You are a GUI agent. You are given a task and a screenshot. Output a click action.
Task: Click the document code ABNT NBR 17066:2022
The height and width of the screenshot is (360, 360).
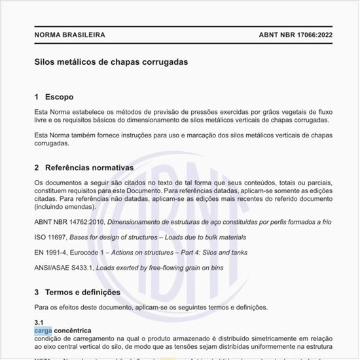tap(287, 35)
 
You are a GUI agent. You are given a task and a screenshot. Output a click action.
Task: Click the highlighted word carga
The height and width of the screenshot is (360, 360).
tap(43, 331)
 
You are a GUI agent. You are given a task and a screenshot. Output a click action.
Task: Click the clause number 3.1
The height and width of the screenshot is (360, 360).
tap(39, 323)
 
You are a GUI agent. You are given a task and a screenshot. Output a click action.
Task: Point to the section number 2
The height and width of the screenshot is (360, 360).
tap(37, 168)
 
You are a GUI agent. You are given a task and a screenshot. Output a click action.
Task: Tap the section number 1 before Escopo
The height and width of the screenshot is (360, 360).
tap(37, 97)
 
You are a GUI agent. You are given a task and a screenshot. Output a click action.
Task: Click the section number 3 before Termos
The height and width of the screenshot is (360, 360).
tap(37, 292)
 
